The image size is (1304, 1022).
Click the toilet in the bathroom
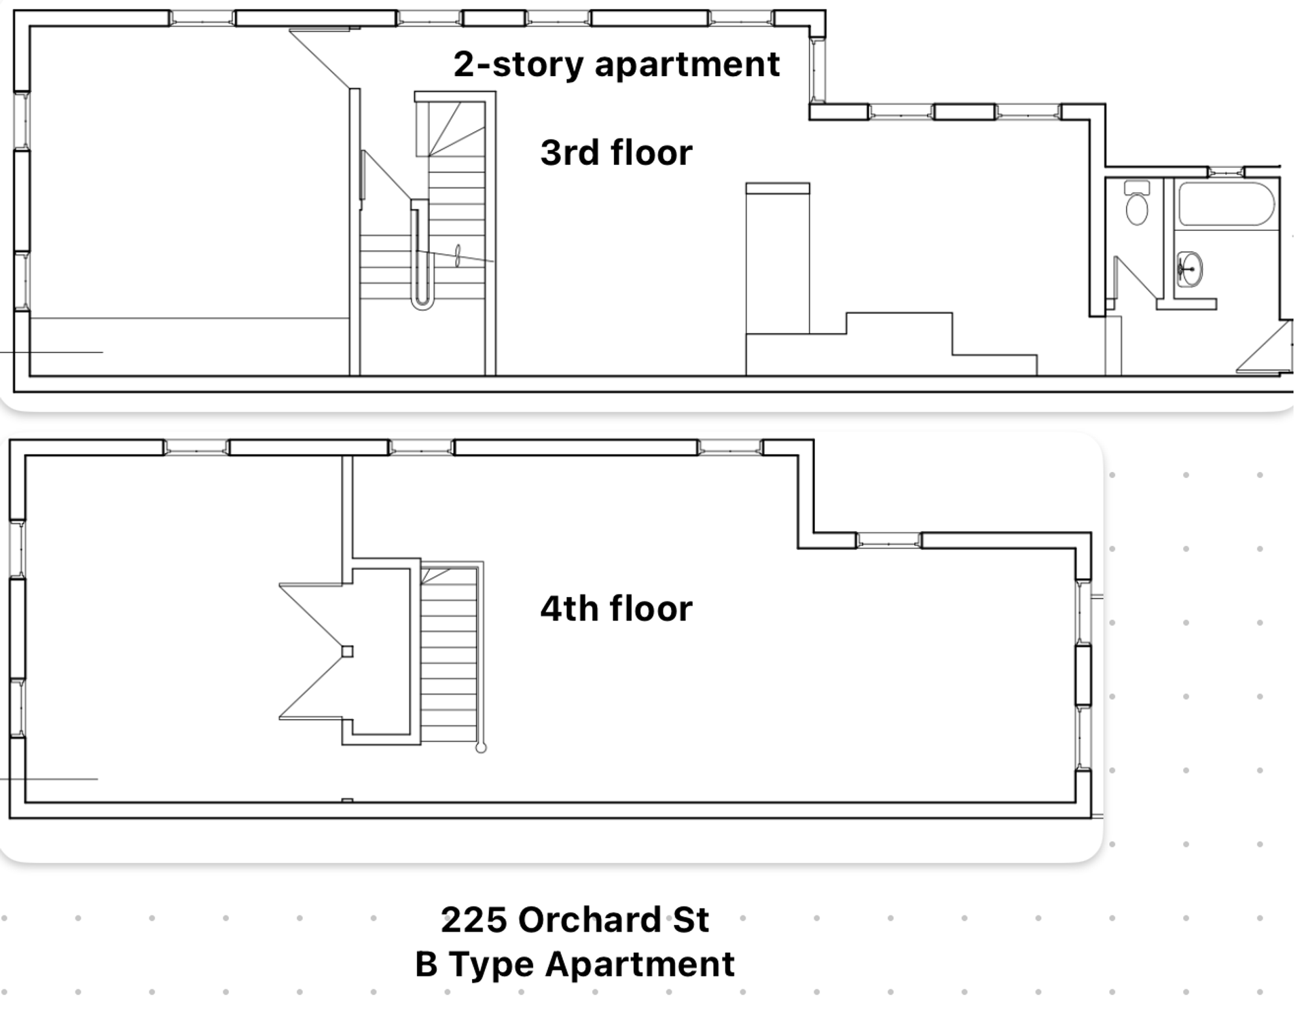pyautogui.click(x=1137, y=202)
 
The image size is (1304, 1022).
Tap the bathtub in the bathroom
pyautogui.click(x=1227, y=204)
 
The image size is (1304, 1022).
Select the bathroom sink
pyautogui.click(x=1190, y=269)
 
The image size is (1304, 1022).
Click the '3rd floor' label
pyautogui.click(x=616, y=153)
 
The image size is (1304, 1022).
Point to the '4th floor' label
pyautogui.click(x=616, y=608)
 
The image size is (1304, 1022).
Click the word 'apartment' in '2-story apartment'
pyautogui.click(x=687, y=66)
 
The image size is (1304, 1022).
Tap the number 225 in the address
pyautogui.click(x=474, y=920)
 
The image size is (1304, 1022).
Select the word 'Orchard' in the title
pyautogui.click(x=590, y=920)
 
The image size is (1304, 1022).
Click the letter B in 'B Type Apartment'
pyautogui.click(x=426, y=964)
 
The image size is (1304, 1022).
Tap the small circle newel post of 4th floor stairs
pyautogui.click(x=481, y=748)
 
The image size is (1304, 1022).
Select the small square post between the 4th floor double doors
pyautogui.click(x=347, y=652)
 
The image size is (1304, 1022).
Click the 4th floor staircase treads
pyautogui.click(x=449, y=655)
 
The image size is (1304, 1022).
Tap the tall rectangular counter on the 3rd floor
pyautogui.click(x=778, y=258)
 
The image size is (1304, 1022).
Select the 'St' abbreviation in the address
pyautogui.click(x=691, y=920)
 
